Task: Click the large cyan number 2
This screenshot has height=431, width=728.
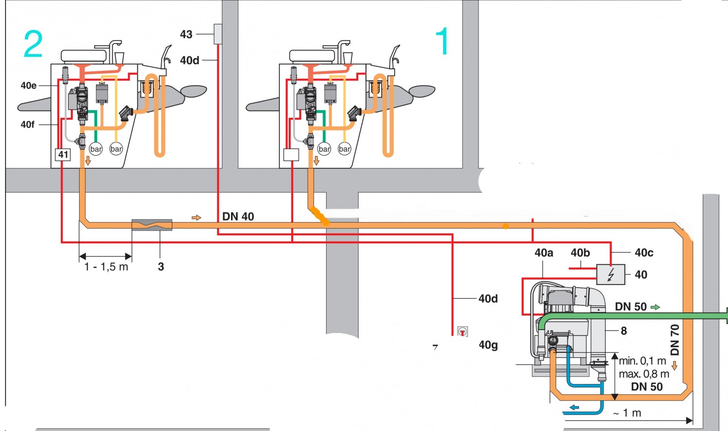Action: coord(33,44)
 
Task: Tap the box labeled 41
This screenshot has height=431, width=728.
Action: coord(63,155)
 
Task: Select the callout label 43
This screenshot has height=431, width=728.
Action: coord(186,34)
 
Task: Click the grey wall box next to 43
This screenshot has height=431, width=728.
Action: coord(218,34)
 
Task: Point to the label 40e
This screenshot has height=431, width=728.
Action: coord(29,86)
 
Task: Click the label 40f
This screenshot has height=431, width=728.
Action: coord(28,125)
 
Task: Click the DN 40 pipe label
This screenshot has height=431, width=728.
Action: coord(238,217)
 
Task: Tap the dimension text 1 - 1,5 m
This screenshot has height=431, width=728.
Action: coord(106,267)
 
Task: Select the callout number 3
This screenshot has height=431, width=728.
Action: coord(161,267)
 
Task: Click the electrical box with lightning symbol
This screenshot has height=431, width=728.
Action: coord(611,274)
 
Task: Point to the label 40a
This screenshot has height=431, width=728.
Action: coord(544,253)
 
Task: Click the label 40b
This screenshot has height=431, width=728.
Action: coord(580,253)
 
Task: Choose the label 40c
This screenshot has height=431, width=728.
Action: coord(644,253)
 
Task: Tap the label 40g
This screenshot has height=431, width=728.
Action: coord(488,345)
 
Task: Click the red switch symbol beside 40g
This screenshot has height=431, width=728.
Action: coord(463,331)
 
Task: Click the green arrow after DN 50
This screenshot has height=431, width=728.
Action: coord(655,307)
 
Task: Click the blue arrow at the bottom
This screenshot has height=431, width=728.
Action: coord(575,407)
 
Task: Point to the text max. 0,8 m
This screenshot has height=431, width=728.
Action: coord(644,374)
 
